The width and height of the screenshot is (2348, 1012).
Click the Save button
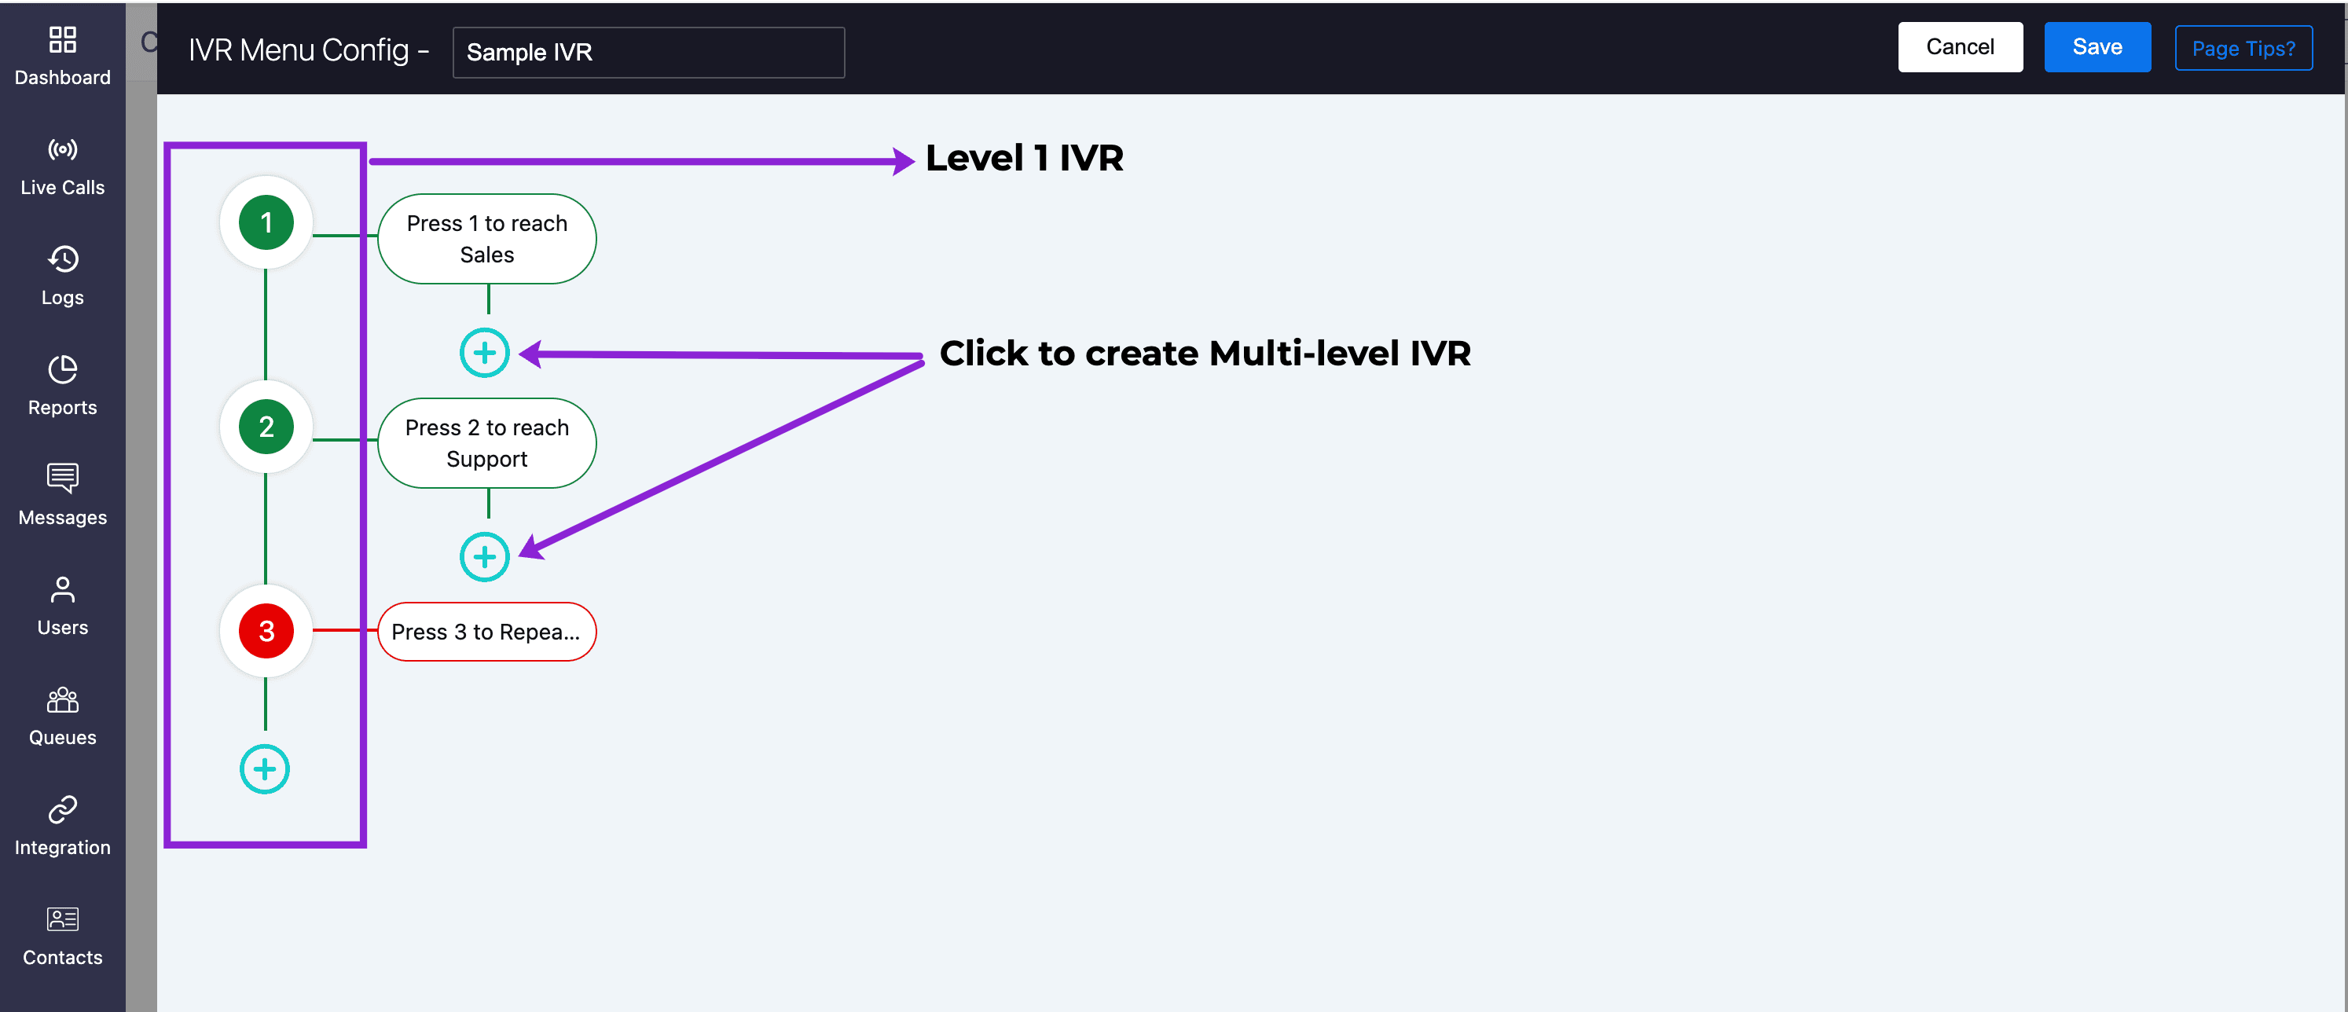click(x=2097, y=46)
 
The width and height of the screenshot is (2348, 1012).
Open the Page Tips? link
click(x=2243, y=48)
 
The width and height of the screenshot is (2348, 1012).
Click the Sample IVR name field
click(x=648, y=52)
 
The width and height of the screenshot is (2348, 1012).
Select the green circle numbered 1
click(x=266, y=222)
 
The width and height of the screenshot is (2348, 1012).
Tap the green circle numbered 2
click(x=266, y=427)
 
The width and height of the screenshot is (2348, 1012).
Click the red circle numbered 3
click(x=266, y=631)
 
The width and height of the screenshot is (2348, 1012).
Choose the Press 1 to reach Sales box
click(x=486, y=239)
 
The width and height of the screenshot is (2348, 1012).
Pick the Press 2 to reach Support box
click(x=486, y=443)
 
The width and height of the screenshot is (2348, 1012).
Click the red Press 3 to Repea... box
click(x=486, y=632)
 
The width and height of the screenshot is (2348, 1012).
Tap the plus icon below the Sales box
click(x=484, y=353)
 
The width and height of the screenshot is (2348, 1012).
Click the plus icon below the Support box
click(x=484, y=557)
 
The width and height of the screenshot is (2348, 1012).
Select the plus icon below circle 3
click(x=264, y=769)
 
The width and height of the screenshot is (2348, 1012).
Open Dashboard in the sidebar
click(x=63, y=57)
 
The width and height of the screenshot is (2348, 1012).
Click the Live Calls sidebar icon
click(x=63, y=149)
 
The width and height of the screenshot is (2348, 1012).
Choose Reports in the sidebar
click(x=63, y=387)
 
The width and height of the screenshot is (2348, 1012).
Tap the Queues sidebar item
click(x=63, y=717)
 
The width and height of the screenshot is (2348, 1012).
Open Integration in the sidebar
click(x=63, y=827)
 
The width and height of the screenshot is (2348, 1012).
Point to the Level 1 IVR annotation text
click(x=1025, y=158)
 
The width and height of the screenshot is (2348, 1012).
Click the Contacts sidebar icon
click(x=63, y=919)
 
